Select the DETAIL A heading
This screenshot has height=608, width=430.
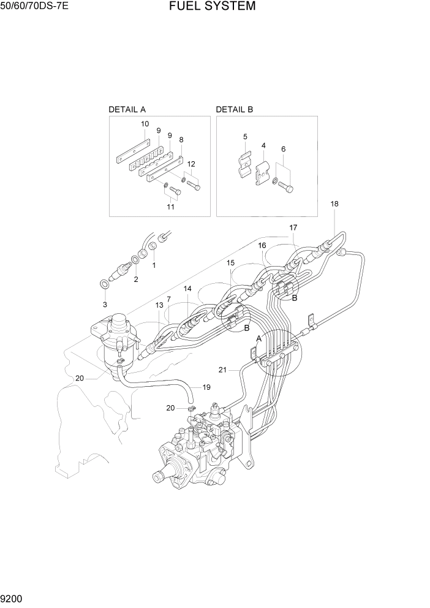coord(127,110)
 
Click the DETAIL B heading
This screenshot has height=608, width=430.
coord(234,110)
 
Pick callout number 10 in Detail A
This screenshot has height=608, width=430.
coord(145,124)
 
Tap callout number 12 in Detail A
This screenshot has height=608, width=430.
coord(191,164)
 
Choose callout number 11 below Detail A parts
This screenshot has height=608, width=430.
coord(171,207)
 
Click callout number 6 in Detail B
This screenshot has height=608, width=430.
coord(283,149)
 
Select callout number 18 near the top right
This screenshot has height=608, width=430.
coord(334,203)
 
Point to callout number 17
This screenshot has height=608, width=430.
coord(293,228)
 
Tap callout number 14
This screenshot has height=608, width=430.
coord(187,288)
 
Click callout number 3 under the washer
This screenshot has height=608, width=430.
coord(105,304)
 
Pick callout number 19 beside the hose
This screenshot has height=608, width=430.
coord(206,387)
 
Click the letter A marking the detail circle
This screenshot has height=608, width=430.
coord(258,338)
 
